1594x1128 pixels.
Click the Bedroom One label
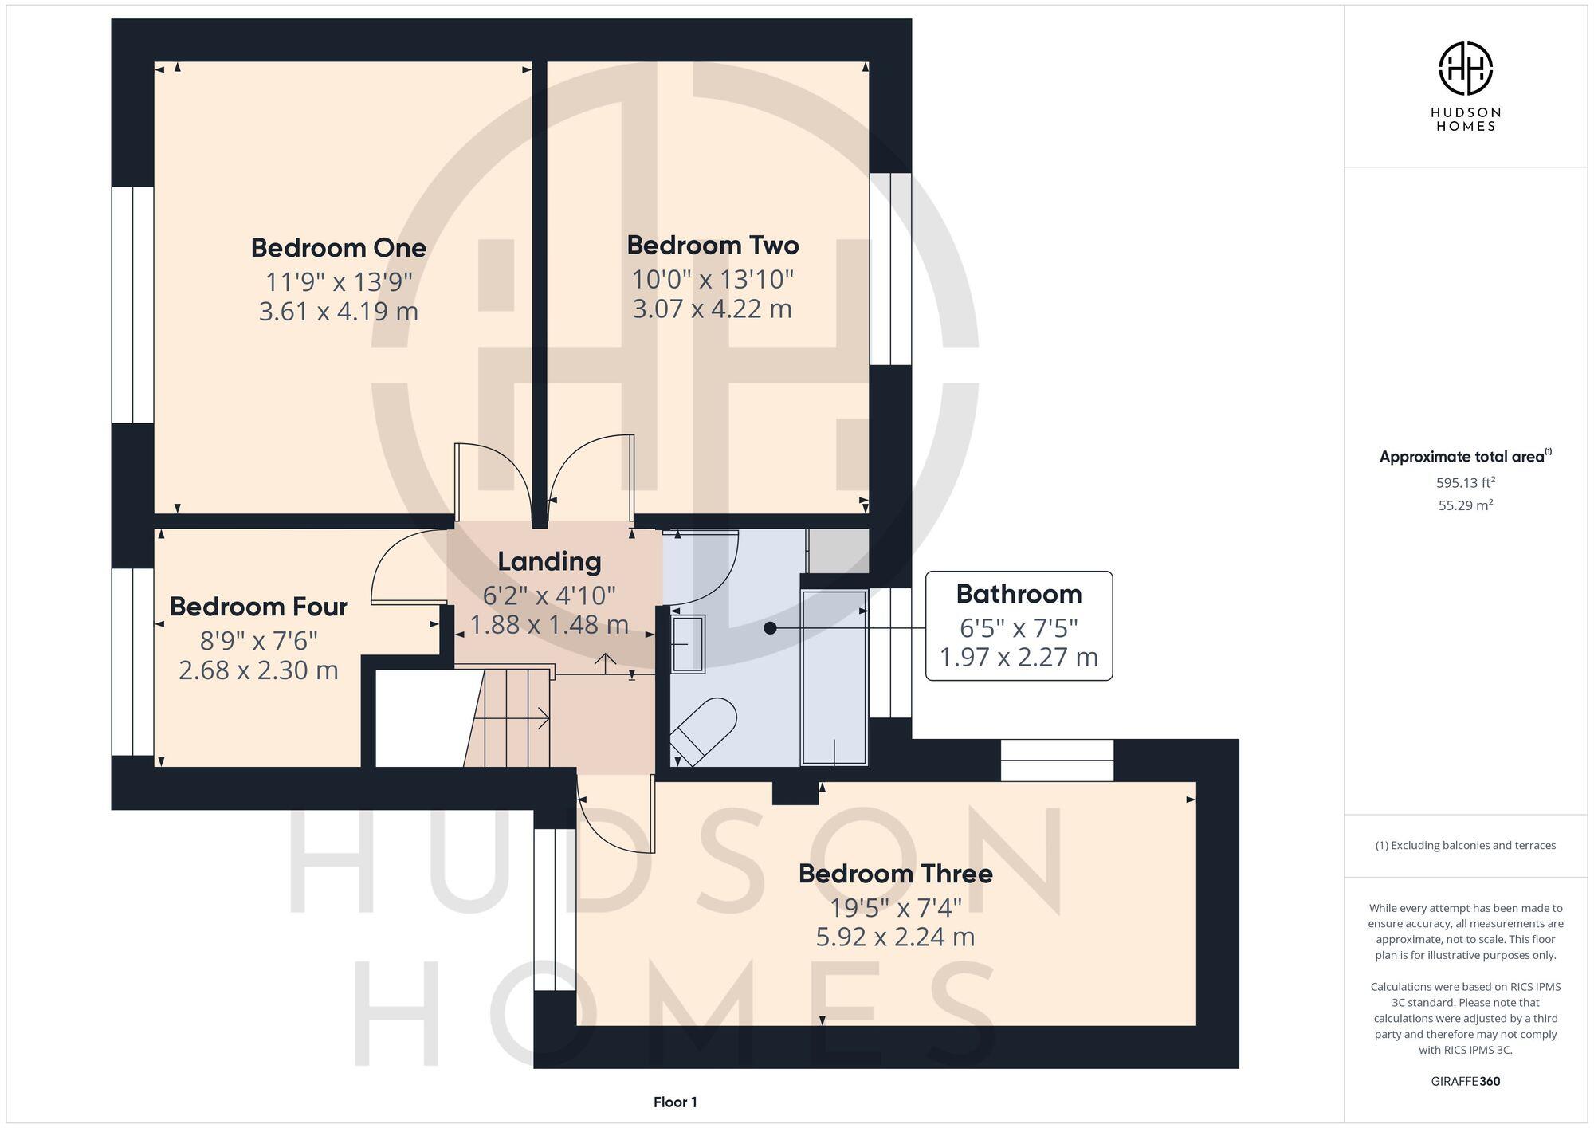[339, 248]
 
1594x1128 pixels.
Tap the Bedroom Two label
[713, 246]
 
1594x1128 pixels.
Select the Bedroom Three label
[895, 874]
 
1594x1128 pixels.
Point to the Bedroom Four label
[258, 607]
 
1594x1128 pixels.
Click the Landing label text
[549, 561]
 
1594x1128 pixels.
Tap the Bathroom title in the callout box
[1019, 594]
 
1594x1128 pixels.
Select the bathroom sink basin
[688, 643]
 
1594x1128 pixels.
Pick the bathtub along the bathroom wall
[834, 678]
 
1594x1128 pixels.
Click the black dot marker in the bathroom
[770, 628]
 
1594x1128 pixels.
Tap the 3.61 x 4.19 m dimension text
[339, 311]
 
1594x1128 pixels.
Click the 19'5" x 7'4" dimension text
[895, 907]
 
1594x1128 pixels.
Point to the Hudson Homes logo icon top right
[1465, 69]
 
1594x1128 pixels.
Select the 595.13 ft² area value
[1465, 482]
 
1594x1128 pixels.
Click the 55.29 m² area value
[1465, 505]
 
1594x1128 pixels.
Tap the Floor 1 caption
[675, 1102]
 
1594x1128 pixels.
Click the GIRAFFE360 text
[1465, 1082]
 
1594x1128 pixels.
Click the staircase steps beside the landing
[510, 717]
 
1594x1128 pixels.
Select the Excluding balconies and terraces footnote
[1465, 845]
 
